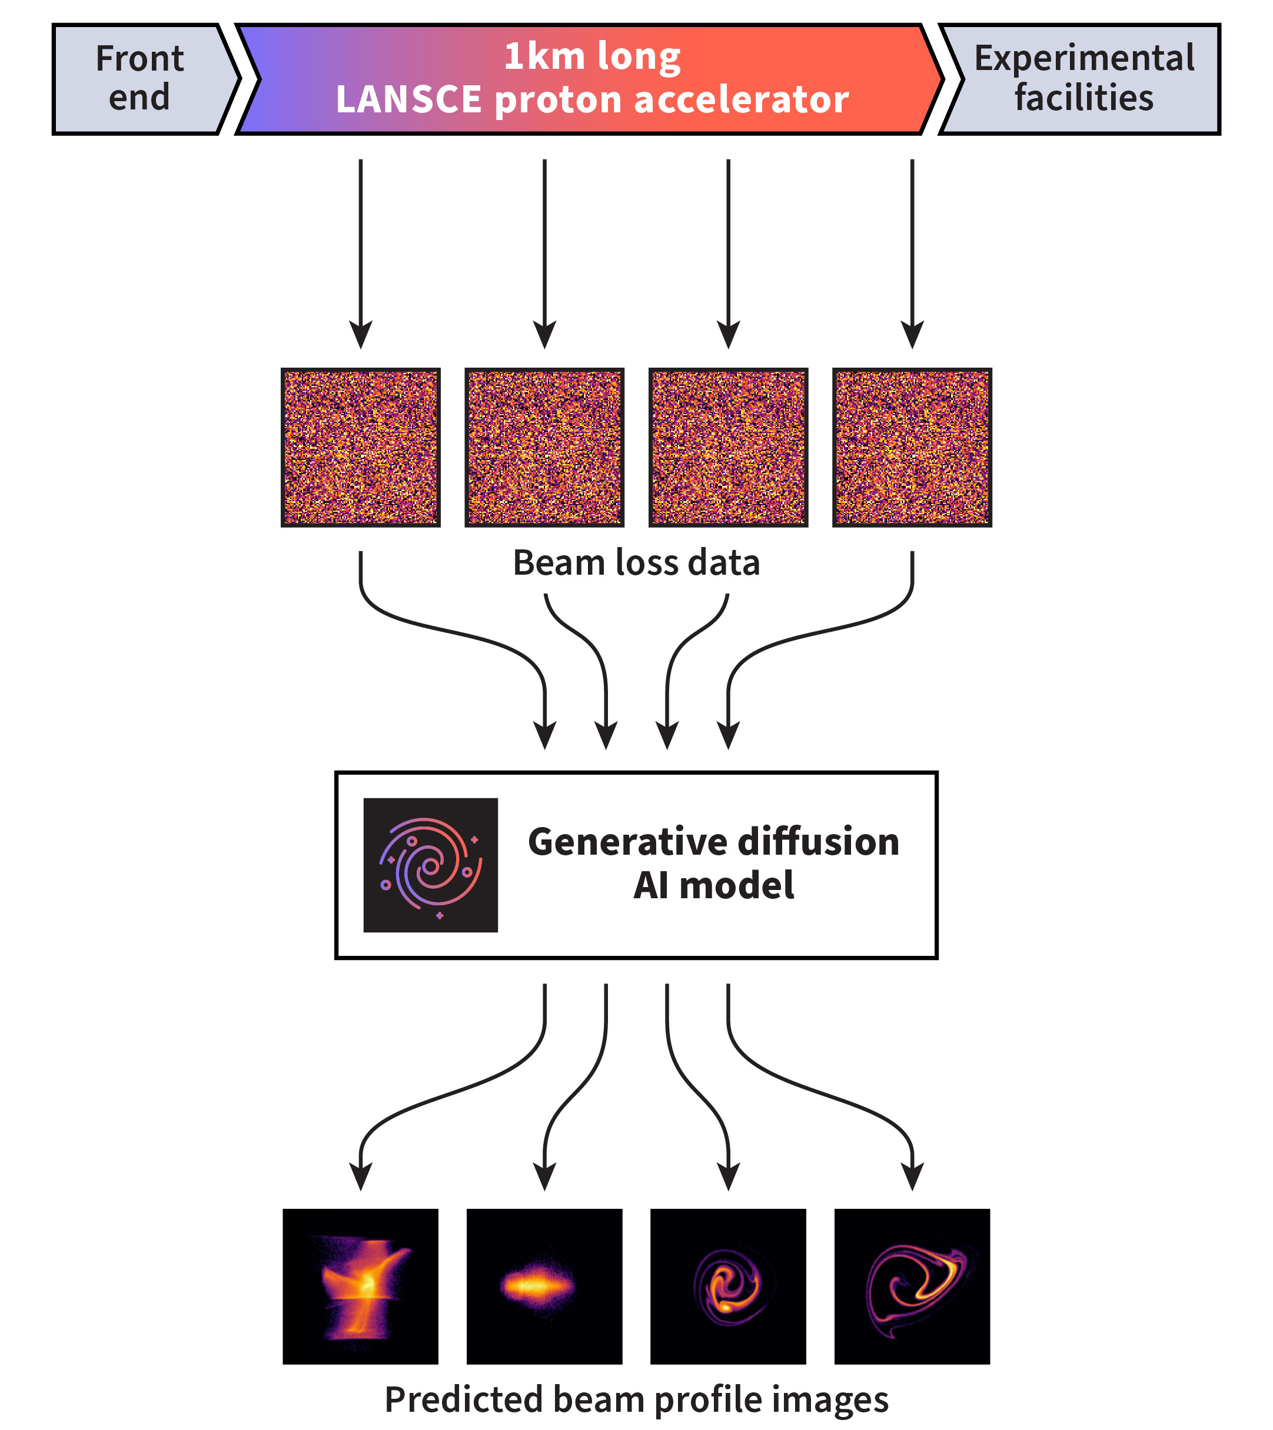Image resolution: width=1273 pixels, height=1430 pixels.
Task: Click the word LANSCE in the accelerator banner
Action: (408, 99)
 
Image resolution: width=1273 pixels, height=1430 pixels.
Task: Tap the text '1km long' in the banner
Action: (591, 56)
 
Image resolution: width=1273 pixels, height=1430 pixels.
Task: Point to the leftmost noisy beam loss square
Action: (360, 447)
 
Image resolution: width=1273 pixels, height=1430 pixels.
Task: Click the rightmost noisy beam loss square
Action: (912, 447)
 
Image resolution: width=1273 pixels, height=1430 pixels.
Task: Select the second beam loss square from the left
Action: (544, 447)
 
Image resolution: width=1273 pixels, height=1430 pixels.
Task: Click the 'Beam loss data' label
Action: (636, 563)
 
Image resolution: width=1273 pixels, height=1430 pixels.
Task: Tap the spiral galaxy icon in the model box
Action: (430, 865)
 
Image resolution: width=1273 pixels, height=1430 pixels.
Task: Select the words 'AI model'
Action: (713, 886)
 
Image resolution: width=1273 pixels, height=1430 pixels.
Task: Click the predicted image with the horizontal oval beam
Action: (544, 1286)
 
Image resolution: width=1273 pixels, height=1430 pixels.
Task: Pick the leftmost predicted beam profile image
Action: (360, 1286)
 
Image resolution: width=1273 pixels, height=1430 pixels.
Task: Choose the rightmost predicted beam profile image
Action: (912, 1286)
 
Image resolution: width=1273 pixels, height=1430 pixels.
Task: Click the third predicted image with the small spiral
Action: (728, 1286)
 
